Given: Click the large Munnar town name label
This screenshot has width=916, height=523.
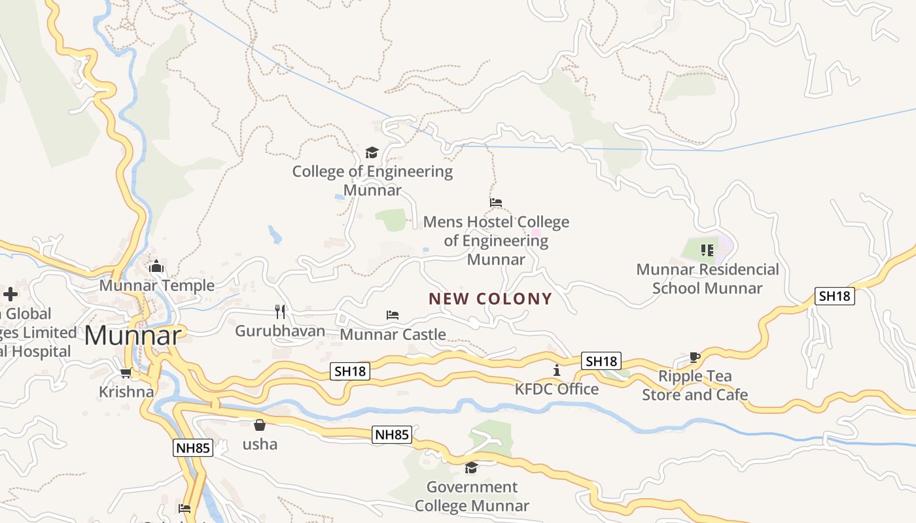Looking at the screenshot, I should [x=132, y=335].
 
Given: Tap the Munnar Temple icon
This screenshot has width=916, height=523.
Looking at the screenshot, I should [x=156, y=266].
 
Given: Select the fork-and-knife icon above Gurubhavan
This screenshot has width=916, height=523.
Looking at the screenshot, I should [x=280, y=311].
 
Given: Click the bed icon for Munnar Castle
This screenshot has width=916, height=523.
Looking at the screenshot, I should [x=393, y=315].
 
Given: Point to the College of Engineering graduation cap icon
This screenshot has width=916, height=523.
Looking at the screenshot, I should [x=372, y=152].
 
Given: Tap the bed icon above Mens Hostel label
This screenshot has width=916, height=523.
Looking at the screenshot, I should [x=496, y=203].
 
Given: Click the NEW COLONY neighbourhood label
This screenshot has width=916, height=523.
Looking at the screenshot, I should [x=490, y=299].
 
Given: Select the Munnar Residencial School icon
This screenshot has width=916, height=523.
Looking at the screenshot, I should [x=707, y=250].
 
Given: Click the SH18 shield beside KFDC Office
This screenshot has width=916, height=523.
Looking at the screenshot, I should [x=601, y=361].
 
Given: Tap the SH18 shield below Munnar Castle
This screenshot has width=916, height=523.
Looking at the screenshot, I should [x=351, y=371].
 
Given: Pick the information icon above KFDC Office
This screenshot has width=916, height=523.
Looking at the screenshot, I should [x=557, y=370].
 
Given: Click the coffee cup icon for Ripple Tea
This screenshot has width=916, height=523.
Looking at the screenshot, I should [x=695, y=357].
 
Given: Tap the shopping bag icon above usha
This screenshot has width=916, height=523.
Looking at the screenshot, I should [x=260, y=425].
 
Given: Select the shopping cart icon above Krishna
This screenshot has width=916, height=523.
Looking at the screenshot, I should [x=126, y=373].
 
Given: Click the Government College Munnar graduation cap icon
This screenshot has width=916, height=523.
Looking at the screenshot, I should [x=471, y=467].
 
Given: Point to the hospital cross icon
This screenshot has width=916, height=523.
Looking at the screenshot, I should [x=10, y=294].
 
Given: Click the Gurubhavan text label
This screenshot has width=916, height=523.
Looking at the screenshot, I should [x=280, y=331].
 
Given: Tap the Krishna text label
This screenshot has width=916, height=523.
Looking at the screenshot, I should [x=126, y=392].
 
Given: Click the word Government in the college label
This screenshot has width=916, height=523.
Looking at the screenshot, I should [x=472, y=487].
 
